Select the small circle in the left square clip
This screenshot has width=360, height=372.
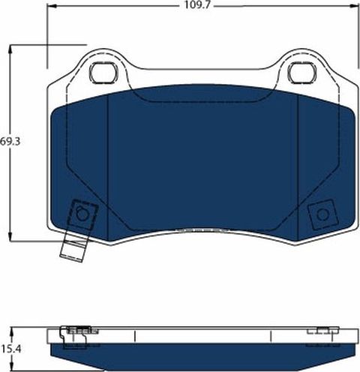pyautogui.click(x=82, y=214)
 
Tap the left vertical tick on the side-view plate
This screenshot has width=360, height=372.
pyautogui.click(x=133, y=334)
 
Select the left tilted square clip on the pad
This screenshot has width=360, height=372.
pyautogui.click(x=81, y=215)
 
